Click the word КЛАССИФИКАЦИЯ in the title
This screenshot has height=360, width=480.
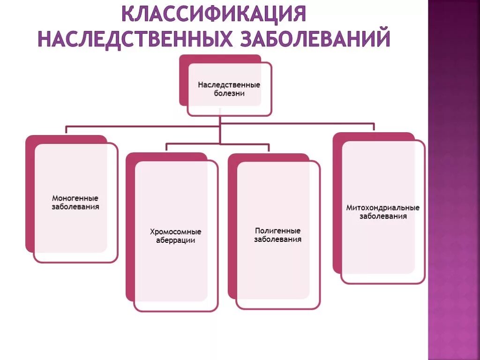pyautogui.click(x=214, y=14)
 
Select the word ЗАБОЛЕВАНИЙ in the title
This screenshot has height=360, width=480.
pyautogui.click(x=315, y=38)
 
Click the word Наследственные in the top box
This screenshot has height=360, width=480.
pyautogui.click(x=229, y=85)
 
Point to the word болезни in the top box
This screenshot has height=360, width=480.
pyautogui.click(x=229, y=93)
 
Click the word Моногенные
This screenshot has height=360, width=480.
pyautogui.click(x=75, y=198)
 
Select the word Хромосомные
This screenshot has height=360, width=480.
pyautogui.click(x=176, y=232)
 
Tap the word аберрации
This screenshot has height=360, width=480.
pyautogui.click(x=176, y=240)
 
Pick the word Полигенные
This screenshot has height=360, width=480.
pyautogui.click(x=277, y=231)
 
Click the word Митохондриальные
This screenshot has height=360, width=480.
pyautogui.click(x=382, y=208)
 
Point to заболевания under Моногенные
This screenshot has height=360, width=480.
pyautogui.click(x=75, y=207)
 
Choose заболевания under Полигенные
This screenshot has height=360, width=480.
pyautogui.click(x=277, y=240)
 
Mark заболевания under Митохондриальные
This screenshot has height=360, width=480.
pyautogui.click(x=382, y=217)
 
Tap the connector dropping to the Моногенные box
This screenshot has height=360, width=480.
pyautogui.click(x=66, y=130)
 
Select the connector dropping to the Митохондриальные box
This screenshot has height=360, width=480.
pyautogui.click(x=374, y=127)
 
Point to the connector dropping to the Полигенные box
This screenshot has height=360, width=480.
pyautogui.click(x=269, y=147)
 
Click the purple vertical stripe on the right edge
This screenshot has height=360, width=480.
pyautogui.click(x=454, y=187)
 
